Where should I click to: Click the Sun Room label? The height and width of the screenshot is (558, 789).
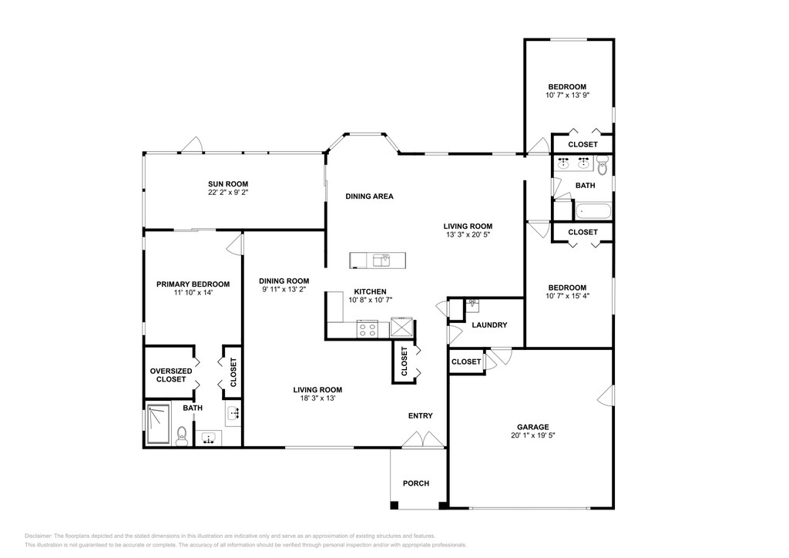click(228, 184)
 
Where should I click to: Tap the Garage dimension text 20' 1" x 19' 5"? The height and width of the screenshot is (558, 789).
click(533, 435)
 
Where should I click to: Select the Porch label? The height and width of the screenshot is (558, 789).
click(416, 483)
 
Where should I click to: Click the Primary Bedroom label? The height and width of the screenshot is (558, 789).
click(193, 284)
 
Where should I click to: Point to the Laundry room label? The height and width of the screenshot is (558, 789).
click(489, 325)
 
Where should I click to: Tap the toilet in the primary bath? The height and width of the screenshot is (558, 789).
click(182, 436)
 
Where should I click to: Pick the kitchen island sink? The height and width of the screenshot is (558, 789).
click(381, 261)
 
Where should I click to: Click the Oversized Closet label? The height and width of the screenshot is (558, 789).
click(171, 375)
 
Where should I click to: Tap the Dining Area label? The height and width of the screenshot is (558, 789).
click(369, 197)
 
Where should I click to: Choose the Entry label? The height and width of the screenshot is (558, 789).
click(420, 415)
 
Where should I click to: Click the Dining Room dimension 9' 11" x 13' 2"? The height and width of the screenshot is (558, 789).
click(284, 289)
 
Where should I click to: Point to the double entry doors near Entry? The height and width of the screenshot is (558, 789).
click(424, 439)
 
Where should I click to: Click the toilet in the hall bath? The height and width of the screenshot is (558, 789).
click(603, 164)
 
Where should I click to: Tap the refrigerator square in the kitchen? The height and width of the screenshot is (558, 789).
click(401, 327)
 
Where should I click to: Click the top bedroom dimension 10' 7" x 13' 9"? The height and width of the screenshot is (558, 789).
click(567, 95)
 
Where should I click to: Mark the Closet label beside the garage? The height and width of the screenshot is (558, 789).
click(466, 361)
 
